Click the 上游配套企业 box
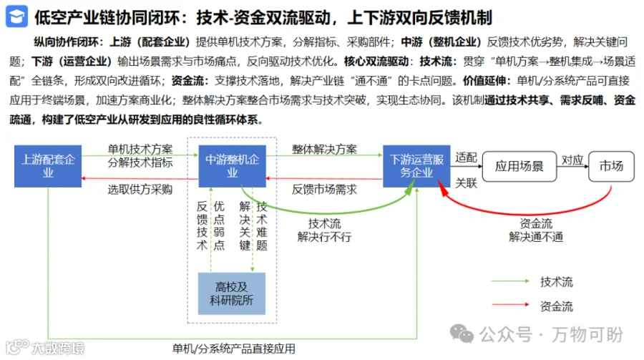click(x=48, y=166)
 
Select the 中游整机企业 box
click(x=233, y=166)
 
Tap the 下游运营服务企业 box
click(x=416, y=166)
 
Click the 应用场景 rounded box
click(x=519, y=166)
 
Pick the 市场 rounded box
click(x=610, y=166)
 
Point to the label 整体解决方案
click(x=324, y=149)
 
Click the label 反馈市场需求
click(x=324, y=190)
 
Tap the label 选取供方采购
click(x=140, y=190)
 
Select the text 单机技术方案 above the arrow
click(x=140, y=149)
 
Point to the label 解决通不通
click(x=536, y=237)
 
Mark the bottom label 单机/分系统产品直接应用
click(x=233, y=349)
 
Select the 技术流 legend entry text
click(x=556, y=282)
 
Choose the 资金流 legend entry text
click(x=556, y=307)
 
